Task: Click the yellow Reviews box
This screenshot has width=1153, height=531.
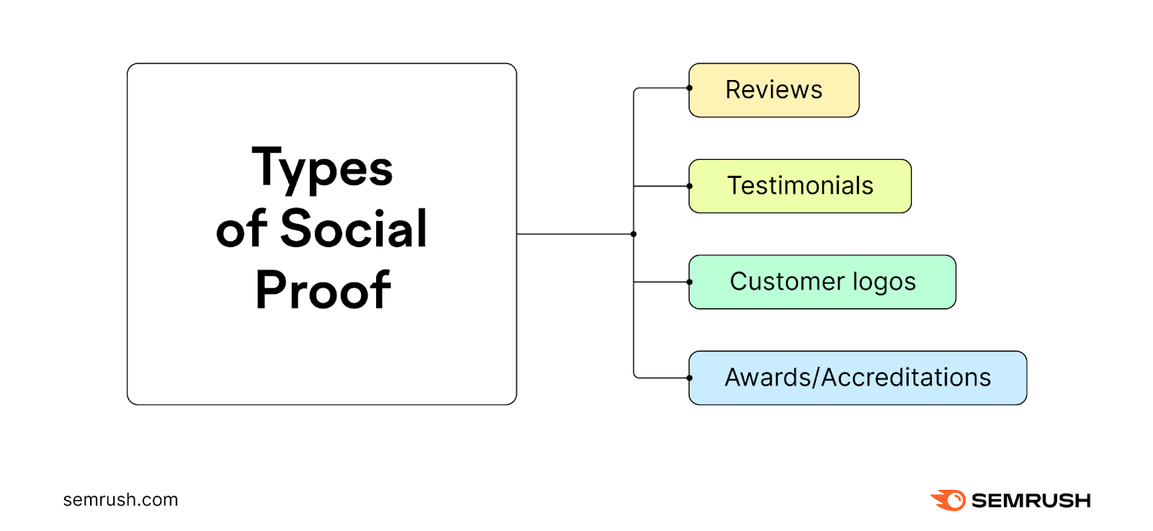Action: (x=773, y=90)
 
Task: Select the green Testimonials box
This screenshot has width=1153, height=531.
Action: (x=800, y=186)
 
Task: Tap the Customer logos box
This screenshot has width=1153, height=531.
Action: (x=822, y=282)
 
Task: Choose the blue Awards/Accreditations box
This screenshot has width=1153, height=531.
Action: (x=858, y=378)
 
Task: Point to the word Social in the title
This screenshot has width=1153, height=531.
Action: (x=353, y=229)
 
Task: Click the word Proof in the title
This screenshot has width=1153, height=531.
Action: (x=322, y=290)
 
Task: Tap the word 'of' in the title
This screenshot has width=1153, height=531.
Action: (x=241, y=229)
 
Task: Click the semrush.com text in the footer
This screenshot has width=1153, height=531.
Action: (x=120, y=499)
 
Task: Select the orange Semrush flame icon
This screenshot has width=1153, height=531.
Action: (x=948, y=500)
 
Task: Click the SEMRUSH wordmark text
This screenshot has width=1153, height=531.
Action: (x=1030, y=500)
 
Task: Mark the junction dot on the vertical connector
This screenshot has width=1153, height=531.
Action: (x=633, y=234)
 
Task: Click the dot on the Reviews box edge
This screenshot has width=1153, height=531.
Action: (x=690, y=88)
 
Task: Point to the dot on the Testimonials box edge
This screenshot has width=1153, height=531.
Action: (x=690, y=186)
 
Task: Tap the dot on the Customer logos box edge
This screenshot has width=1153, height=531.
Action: (x=690, y=282)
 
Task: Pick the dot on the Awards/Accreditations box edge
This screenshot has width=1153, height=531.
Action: (x=690, y=378)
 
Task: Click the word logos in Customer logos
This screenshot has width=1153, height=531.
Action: (x=884, y=282)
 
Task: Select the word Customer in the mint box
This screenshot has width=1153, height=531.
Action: (x=787, y=282)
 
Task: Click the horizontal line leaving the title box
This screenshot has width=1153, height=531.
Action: (x=574, y=234)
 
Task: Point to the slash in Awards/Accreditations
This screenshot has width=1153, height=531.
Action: (x=816, y=378)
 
